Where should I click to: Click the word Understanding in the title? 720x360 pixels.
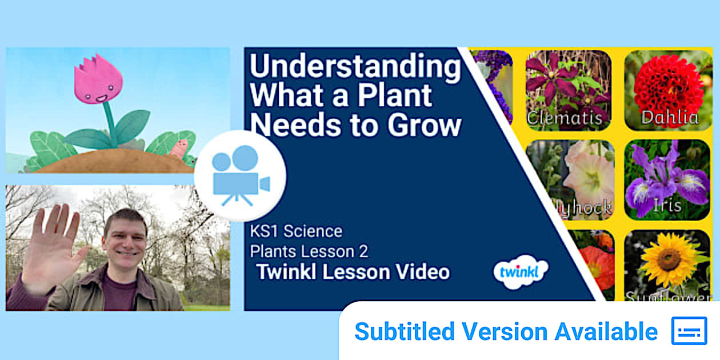tap(355, 67)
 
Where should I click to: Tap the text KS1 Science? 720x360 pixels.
tap(296, 231)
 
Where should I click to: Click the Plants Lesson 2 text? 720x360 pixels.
tap(309, 251)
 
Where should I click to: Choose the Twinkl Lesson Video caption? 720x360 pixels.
tap(353, 271)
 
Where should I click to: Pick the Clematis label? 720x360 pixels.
tap(564, 118)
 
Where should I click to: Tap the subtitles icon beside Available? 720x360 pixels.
tap(689, 331)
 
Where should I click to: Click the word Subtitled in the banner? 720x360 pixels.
tap(405, 331)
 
